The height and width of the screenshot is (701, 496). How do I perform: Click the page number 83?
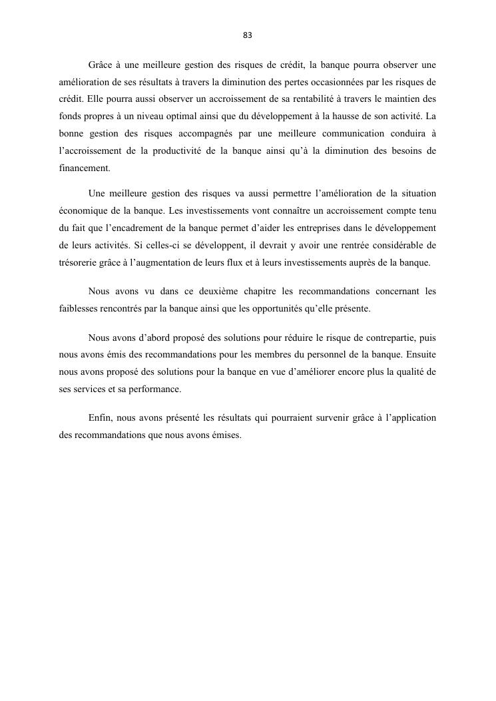click(x=248, y=35)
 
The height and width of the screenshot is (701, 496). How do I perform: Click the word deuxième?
click(x=220, y=292)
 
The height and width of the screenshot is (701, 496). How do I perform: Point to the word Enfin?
click(x=98, y=419)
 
